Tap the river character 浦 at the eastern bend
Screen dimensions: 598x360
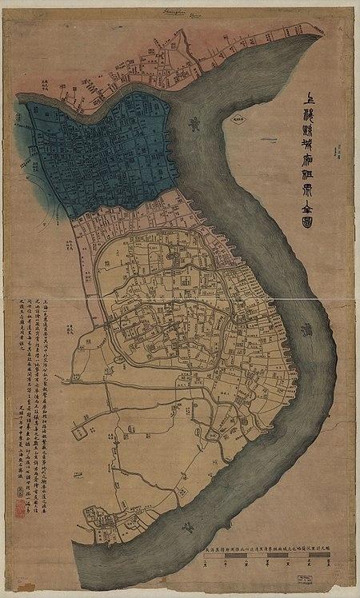pyautogui.click(x=305, y=329)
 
